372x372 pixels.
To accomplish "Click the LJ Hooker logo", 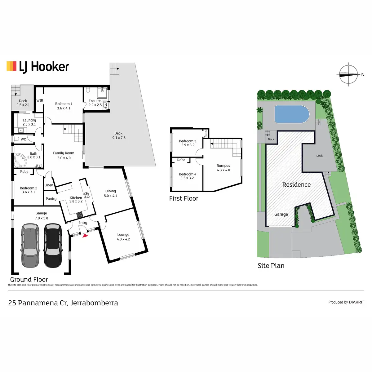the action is [38, 67].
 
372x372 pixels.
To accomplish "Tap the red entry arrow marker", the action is [85, 236].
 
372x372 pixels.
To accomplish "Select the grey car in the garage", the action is [30, 246].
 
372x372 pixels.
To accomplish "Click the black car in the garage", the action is [53, 246].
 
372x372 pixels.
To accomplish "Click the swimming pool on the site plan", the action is [292, 114].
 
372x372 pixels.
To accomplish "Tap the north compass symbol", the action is [349, 74].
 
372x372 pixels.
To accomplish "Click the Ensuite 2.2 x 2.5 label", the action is [95, 103].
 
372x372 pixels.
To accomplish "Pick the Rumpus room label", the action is [223, 168].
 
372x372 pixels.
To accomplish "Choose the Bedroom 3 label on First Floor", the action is [188, 143].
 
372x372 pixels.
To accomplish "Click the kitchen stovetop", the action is [80, 214].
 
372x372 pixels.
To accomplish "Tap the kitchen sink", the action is [87, 195].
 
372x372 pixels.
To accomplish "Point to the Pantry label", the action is [51, 199].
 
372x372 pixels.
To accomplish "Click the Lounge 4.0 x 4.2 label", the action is [123, 237].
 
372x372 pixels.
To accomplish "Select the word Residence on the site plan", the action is [296, 185].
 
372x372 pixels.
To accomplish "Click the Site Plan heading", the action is [271, 266].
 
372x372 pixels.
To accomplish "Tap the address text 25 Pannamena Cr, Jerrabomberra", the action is [63, 303].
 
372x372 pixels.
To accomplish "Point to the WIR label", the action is [40, 100].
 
